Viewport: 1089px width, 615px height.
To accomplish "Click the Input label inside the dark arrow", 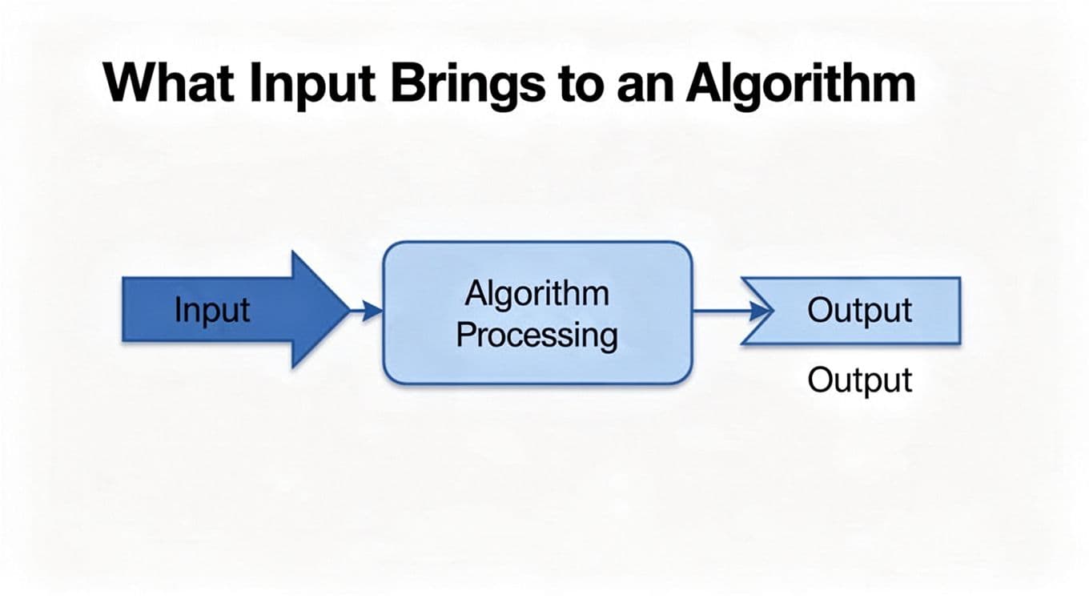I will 212,310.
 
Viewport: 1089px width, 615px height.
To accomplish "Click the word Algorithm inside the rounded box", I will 536,294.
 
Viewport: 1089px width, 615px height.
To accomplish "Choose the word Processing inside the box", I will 536,335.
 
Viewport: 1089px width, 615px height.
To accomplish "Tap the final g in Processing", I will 609,337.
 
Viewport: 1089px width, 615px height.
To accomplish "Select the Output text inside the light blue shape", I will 859,310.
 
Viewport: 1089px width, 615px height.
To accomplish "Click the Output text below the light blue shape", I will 859,380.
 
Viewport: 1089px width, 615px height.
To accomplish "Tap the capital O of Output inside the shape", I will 818,310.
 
